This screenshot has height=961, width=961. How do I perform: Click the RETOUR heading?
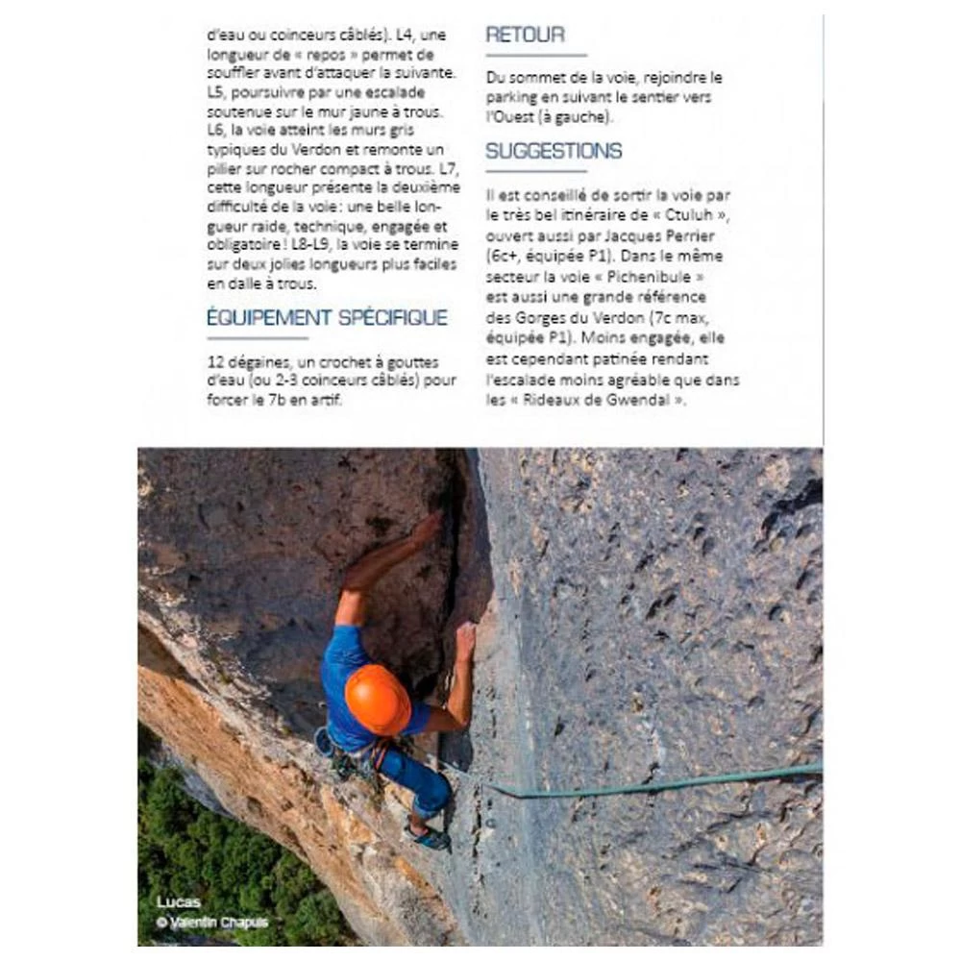525,36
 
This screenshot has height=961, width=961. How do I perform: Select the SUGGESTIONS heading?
554,151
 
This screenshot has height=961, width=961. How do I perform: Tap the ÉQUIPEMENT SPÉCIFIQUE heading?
327,317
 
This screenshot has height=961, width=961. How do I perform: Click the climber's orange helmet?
378,699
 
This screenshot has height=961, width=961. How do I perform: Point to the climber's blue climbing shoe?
430,837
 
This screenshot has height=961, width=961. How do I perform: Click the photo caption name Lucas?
179,902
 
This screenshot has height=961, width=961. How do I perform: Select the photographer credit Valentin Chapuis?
218,923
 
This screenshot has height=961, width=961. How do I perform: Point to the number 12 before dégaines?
216,360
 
